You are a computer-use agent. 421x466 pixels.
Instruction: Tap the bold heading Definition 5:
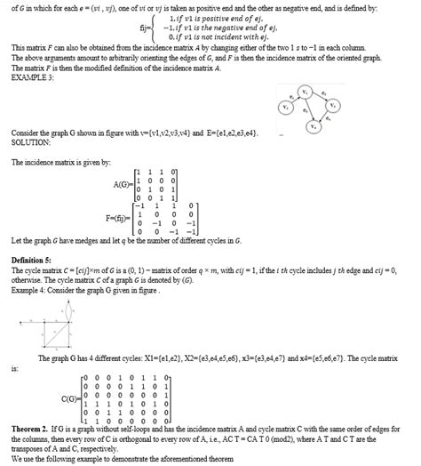coord(33,259)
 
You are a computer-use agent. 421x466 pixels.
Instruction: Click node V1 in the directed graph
coord(304,92)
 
